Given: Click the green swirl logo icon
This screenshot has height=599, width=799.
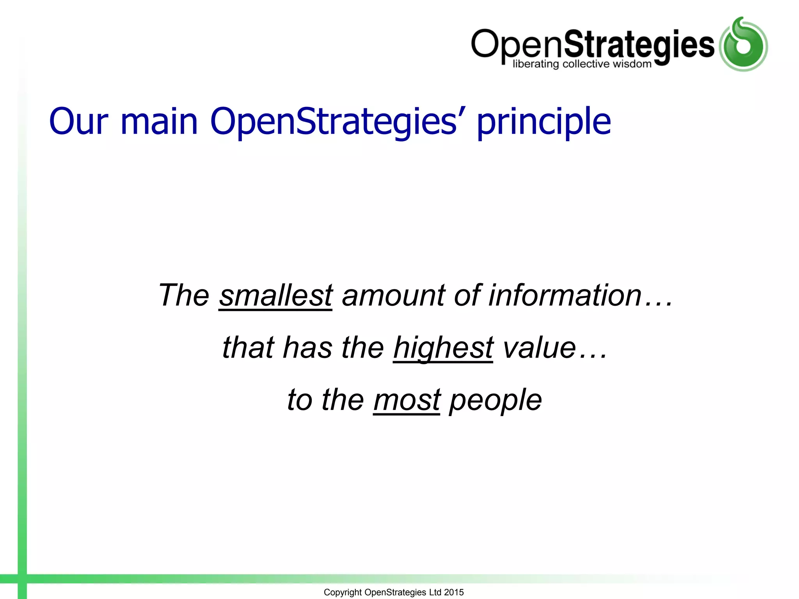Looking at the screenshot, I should tap(744, 45).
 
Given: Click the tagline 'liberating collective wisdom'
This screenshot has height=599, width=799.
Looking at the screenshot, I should tap(582, 64).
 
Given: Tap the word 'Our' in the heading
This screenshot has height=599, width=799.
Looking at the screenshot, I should tap(78, 122).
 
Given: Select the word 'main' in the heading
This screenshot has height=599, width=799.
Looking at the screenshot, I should tap(159, 122).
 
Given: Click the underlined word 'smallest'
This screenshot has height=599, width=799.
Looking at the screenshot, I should tap(276, 295).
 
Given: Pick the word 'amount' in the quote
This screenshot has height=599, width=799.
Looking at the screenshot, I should tap(393, 295).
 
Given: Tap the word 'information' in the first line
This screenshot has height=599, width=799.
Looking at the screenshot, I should tap(565, 295).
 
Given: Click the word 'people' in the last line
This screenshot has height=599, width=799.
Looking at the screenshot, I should tap(495, 401).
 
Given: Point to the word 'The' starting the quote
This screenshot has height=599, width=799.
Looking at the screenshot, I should tap(184, 295).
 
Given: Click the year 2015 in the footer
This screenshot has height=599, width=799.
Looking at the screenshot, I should tap(454, 592).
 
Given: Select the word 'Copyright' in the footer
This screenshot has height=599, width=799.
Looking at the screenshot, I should tap(343, 592).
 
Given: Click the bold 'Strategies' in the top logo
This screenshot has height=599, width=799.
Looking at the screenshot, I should tap(639, 45).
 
